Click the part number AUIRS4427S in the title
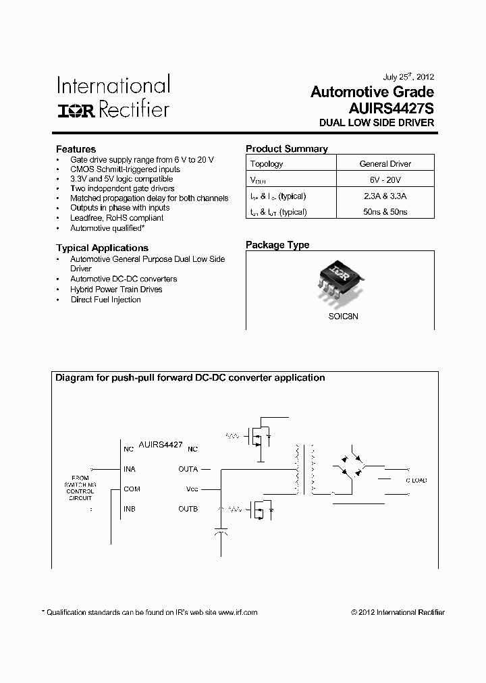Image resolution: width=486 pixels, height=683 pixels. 391,108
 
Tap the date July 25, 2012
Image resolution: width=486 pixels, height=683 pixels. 408,77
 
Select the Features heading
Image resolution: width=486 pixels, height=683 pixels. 76,149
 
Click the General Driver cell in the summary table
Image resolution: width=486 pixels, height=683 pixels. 385,164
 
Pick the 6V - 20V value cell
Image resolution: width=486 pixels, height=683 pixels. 385,181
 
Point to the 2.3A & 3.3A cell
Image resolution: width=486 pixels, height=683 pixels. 385,196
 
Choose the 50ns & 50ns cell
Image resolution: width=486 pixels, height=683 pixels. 385,212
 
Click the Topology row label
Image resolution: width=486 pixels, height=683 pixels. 267,164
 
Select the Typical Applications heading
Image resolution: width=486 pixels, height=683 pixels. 102,248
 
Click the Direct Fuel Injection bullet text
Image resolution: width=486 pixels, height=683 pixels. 106,300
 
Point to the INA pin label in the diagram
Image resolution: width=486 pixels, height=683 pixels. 130,468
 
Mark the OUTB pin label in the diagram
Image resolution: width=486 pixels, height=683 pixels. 188,509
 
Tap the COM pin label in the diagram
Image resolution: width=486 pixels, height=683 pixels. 132,489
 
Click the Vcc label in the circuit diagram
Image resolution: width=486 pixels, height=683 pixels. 192,489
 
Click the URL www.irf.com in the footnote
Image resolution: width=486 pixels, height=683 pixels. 237,613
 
